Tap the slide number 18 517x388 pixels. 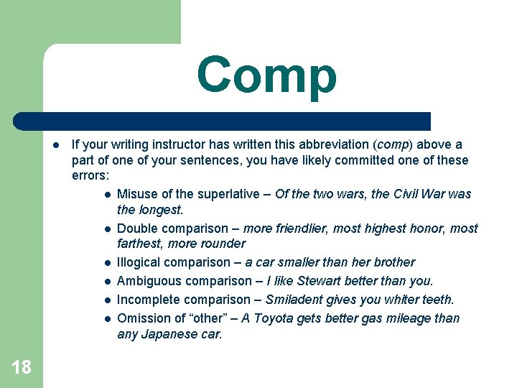coord(22,367)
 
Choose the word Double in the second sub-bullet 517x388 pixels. coord(136,228)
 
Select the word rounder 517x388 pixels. coord(223,244)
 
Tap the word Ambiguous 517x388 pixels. coord(147,281)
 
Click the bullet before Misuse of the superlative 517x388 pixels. coord(107,195)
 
